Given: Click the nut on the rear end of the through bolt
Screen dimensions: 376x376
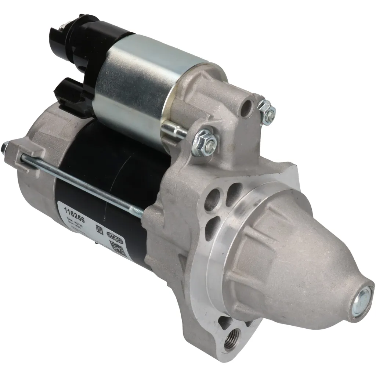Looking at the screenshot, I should (4, 148).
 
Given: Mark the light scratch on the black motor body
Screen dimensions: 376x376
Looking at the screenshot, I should (121, 162).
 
